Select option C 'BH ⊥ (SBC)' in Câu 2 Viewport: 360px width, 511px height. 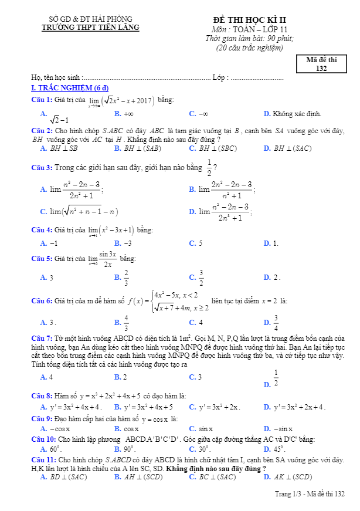pyautogui.click(x=216, y=148)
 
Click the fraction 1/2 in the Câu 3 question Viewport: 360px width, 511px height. pyautogui.click(x=209, y=167)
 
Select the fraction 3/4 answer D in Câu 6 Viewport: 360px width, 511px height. pyautogui.click(x=276, y=322)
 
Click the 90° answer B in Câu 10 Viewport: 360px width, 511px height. pyautogui.click(x=124, y=449)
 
